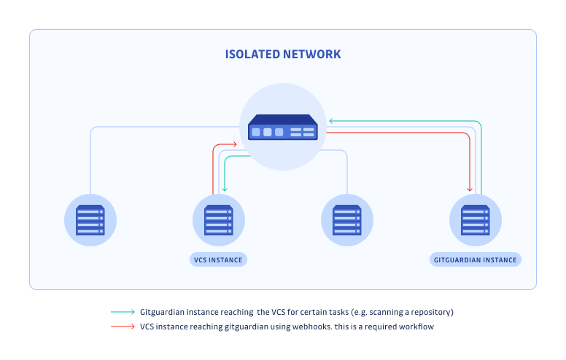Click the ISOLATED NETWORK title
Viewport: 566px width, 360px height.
282,55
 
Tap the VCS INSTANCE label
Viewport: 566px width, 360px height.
218,259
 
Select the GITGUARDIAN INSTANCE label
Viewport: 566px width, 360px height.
475,259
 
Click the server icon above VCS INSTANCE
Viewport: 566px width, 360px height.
218,219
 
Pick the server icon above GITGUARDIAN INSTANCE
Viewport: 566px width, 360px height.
475,219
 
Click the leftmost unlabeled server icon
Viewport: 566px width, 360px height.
90,219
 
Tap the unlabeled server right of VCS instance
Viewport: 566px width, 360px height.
346,219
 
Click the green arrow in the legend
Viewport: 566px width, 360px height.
123,312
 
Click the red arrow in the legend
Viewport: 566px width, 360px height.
123,326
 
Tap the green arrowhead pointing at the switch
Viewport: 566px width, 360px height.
330,121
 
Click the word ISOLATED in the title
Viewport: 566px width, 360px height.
255,55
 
